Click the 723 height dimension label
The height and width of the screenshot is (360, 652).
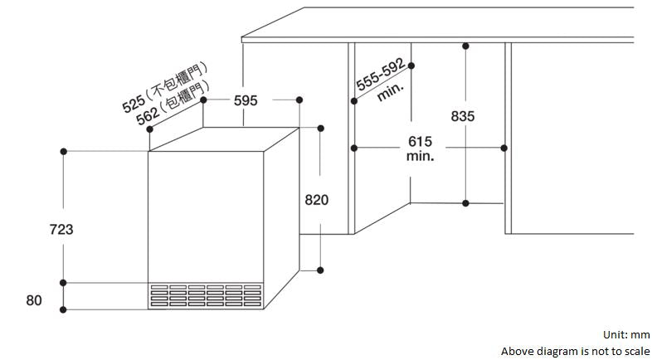click(x=61, y=229)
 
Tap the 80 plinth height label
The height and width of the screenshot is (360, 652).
click(x=34, y=300)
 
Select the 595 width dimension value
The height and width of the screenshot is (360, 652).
click(x=246, y=100)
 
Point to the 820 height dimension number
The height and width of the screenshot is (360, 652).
click(x=316, y=200)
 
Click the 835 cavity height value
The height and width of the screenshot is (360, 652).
click(x=463, y=116)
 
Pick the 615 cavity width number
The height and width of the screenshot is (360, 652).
click(x=421, y=143)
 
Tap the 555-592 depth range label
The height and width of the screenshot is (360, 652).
click(x=380, y=75)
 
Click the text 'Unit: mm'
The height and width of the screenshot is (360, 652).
click(x=626, y=335)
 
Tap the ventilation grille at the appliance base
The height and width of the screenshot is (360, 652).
click(x=205, y=295)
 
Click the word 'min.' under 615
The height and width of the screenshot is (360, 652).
click(x=421, y=157)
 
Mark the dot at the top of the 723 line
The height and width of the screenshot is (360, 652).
click(x=63, y=152)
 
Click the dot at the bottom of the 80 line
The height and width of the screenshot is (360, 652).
click(x=63, y=309)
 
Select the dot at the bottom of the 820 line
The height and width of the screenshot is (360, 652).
click(x=321, y=270)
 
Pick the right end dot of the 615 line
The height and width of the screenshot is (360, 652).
click(x=504, y=148)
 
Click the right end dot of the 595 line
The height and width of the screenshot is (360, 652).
click(x=299, y=100)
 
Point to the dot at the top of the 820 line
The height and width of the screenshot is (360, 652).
click(x=321, y=128)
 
